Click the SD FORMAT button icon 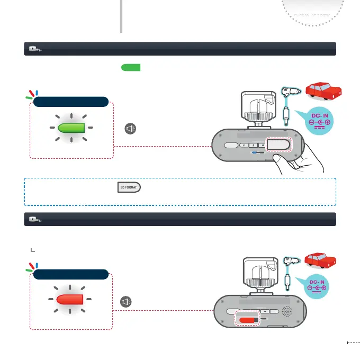129,188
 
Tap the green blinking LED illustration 72,128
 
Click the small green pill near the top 130,68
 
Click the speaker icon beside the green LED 129,128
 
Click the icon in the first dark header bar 34,49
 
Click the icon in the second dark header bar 34,219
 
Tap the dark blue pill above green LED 71,102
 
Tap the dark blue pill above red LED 71,274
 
